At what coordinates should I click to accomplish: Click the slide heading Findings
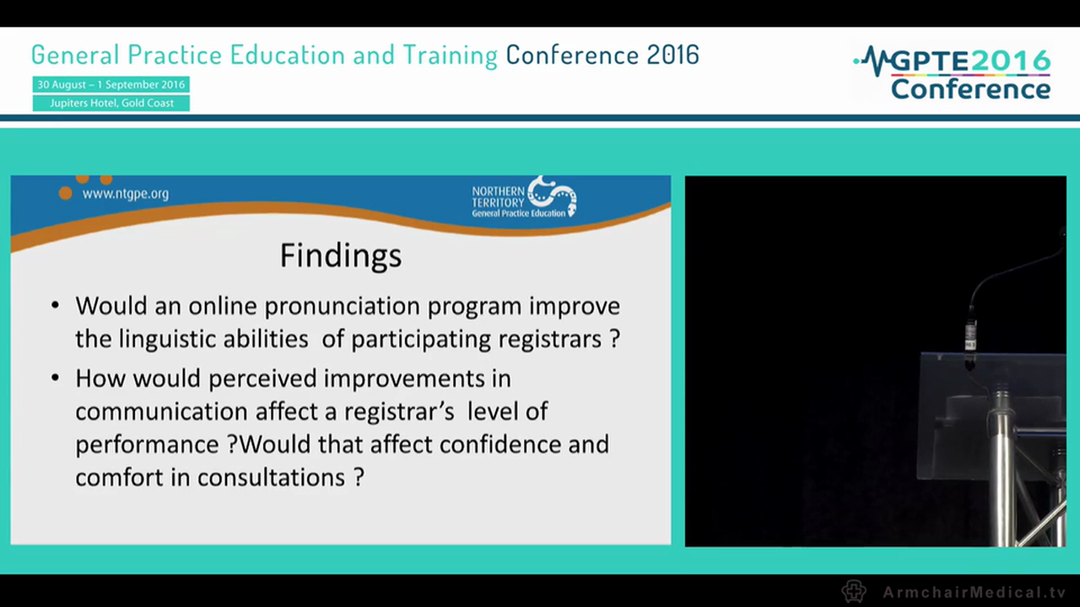340,255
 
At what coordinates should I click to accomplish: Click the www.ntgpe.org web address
125,193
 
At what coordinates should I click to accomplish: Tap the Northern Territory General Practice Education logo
524,198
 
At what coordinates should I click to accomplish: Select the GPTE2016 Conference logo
953,74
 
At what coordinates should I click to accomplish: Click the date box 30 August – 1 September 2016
111,84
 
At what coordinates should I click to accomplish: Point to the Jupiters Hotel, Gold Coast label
111,103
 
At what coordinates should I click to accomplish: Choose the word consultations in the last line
270,477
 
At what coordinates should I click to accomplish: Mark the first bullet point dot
56,305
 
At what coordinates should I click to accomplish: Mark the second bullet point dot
56,378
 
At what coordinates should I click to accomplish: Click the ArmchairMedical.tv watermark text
974,592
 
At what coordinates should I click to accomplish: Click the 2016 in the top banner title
672,55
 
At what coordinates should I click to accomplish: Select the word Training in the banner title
450,55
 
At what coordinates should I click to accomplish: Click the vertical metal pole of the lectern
1003,472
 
